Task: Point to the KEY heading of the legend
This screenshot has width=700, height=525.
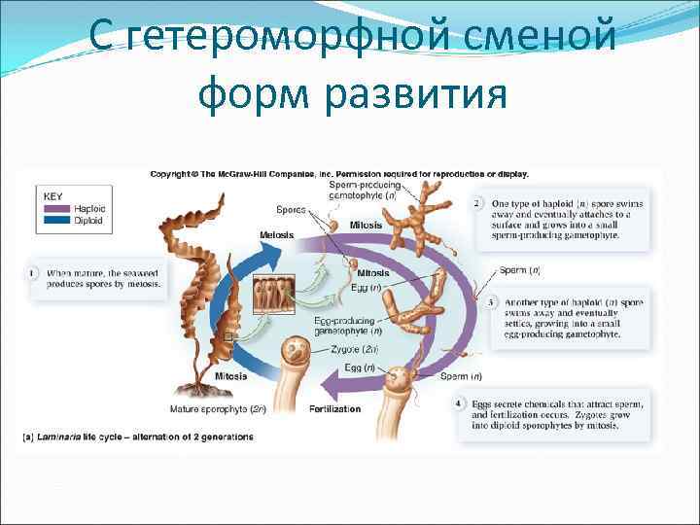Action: [x=54, y=195]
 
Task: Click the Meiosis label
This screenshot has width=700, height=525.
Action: [x=277, y=234]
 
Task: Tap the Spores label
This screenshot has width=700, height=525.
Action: [x=291, y=209]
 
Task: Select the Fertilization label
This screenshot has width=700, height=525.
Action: [x=334, y=409]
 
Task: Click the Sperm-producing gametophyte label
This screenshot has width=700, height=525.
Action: [x=363, y=190]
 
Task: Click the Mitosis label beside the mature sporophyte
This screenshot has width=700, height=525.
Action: [x=230, y=375]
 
